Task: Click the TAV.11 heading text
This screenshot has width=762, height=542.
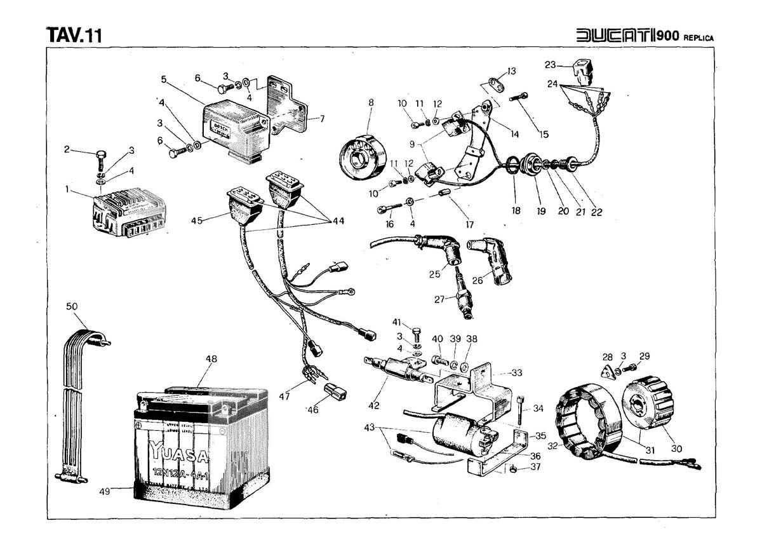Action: tap(74, 36)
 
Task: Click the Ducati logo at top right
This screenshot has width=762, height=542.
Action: tap(615, 36)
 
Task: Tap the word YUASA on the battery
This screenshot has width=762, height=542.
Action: tap(180, 453)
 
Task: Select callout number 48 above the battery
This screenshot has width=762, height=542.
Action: tap(211, 359)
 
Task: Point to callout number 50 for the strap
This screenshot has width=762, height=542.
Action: tap(72, 307)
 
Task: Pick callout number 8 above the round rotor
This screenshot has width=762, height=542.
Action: tap(371, 102)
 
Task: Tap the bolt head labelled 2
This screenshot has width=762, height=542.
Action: tap(100, 154)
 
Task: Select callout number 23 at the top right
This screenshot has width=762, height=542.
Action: tap(550, 64)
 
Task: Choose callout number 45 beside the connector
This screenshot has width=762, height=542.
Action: tap(197, 221)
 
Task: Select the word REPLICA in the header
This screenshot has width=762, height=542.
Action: tap(698, 37)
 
